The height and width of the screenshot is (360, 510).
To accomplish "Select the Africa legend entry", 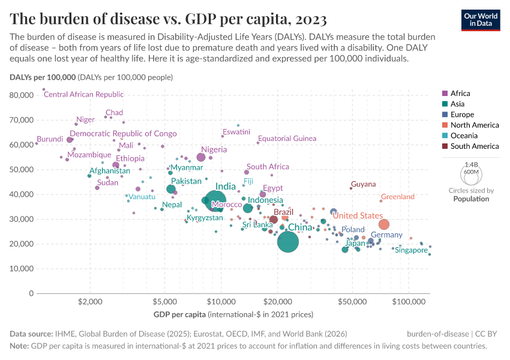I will pos(460,93).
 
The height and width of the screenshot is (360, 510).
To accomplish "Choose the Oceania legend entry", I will pos(464,136).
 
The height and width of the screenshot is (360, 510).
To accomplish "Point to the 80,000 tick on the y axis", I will pos(22,95).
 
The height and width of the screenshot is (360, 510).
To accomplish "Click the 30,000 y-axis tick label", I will pos(22,219).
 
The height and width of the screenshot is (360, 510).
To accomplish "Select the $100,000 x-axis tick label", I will pos(409,301).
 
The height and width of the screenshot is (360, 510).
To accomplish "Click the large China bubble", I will pos(288,242).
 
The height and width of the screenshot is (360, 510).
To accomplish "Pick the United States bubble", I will pos(384,224).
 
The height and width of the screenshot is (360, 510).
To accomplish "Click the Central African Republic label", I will pos(83,94).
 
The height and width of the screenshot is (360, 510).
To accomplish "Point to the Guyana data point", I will pos(351,188).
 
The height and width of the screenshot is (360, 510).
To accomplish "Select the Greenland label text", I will pos(398,197).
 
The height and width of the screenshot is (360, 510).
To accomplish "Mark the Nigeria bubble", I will pos(201,157).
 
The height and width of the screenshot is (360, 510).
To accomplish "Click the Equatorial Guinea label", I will pos(287,139).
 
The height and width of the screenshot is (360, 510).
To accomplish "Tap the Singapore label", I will pos(411,250).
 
